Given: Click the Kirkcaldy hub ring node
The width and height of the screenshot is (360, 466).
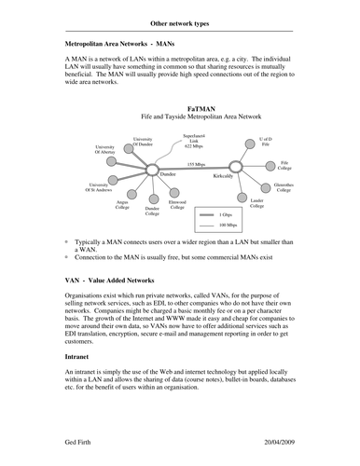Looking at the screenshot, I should (235, 168).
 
